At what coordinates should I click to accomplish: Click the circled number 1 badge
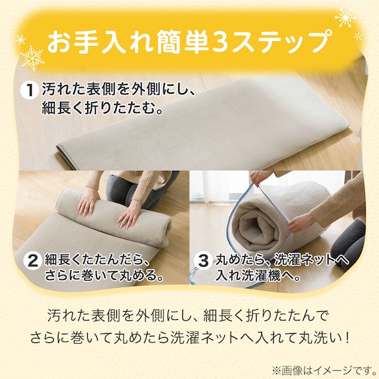[x=30, y=90]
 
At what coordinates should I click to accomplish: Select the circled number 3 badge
[x=203, y=261]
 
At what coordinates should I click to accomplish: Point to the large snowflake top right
[x=345, y=17]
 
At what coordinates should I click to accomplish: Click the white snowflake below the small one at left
[x=32, y=58]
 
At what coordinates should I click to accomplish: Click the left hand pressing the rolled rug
[x=88, y=202]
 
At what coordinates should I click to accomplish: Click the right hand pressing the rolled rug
[x=129, y=215]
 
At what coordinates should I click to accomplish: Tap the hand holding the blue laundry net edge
[x=300, y=222]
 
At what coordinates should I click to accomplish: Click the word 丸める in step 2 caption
[x=137, y=275]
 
